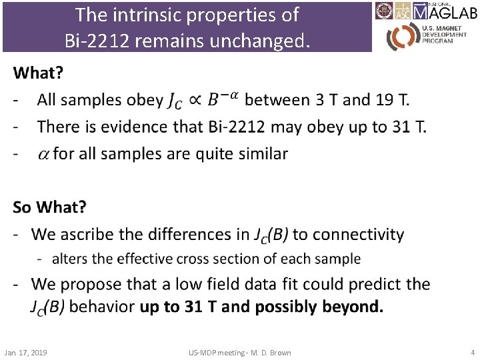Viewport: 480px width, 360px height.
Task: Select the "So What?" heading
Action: (x=49, y=207)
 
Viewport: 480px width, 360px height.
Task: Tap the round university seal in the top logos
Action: (x=383, y=11)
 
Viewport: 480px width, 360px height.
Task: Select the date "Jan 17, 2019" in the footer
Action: (x=25, y=352)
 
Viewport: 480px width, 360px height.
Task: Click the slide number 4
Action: (x=471, y=352)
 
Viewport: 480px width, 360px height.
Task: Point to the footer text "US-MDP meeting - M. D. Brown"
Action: (x=240, y=352)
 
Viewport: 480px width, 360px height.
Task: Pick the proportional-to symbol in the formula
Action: (x=198, y=101)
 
